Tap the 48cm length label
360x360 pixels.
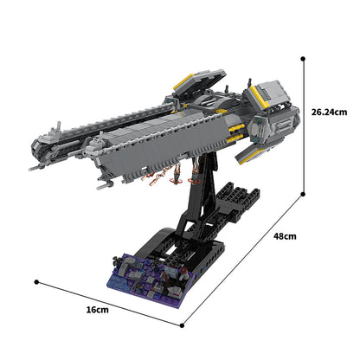coord(285,236)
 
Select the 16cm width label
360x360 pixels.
coord(98,310)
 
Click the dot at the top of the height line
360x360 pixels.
coord(303,59)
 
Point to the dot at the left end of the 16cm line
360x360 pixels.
coord(37,280)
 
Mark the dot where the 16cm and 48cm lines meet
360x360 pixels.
coord(183,325)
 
